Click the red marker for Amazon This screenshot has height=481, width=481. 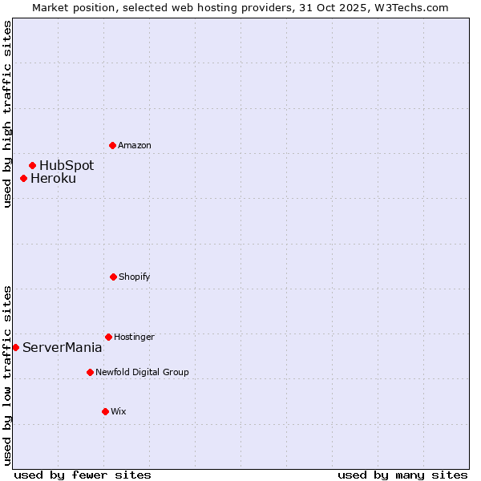point(112,145)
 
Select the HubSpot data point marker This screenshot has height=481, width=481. point(32,165)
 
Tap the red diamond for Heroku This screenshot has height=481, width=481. point(23,178)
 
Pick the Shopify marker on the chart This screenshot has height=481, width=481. point(113,277)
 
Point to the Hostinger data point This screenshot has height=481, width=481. point(108,337)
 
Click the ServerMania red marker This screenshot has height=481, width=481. point(15,347)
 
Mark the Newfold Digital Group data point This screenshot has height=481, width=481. point(90,372)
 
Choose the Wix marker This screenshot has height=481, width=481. point(105,411)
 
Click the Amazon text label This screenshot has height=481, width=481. point(135,145)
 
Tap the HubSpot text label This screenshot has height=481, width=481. point(67,166)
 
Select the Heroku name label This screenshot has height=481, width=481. point(54,179)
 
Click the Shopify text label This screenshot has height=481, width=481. point(135,277)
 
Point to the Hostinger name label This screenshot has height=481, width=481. point(134,337)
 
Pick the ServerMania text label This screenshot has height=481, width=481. point(63,348)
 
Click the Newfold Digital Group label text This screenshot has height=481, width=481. point(143,372)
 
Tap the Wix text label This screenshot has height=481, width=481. point(119,411)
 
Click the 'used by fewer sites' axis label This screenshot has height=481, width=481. point(83,475)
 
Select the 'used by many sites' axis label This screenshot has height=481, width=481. point(402,475)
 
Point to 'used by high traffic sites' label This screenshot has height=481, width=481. point(7,114)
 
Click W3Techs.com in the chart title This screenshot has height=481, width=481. point(409,7)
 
